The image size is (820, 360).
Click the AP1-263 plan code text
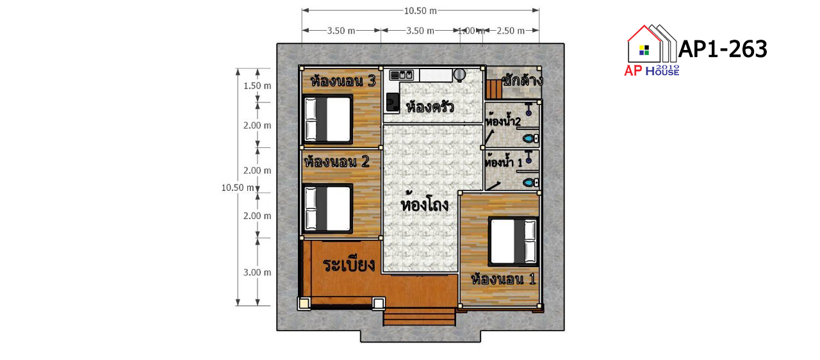pyautogui.click(x=723, y=49)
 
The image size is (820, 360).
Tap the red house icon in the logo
pyautogui.click(x=644, y=44)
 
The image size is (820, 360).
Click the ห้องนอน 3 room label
pyautogui.click(x=343, y=81)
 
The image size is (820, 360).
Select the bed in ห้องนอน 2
pyautogui.click(x=328, y=209)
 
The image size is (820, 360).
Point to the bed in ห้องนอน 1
pyautogui.click(x=513, y=241)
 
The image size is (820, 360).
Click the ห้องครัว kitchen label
pyautogui.click(x=430, y=107)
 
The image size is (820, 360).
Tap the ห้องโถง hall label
pyautogui.click(x=425, y=205)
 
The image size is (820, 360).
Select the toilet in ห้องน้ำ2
pyautogui.click(x=530, y=138)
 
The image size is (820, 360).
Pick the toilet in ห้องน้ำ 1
pyautogui.click(x=530, y=182)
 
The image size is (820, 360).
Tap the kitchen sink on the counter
pyautogui.click(x=402, y=75)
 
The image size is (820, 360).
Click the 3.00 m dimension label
pyautogui.click(x=258, y=272)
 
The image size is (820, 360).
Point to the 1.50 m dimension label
pyautogui.click(x=258, y=86)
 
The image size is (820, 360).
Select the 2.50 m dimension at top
pyautogui.click(x=511, y=31)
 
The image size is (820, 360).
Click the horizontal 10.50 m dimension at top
pyautogui.click(x=420, y=11)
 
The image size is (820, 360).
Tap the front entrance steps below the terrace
pyautogui.click(x=420, y=317)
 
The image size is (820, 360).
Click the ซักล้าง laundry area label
pyautogui.click(x=522, y=80)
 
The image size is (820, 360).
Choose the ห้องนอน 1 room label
pyautogui.click(x=504, y=279)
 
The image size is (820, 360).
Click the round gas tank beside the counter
pyautogui.click(x=459, y=75)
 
